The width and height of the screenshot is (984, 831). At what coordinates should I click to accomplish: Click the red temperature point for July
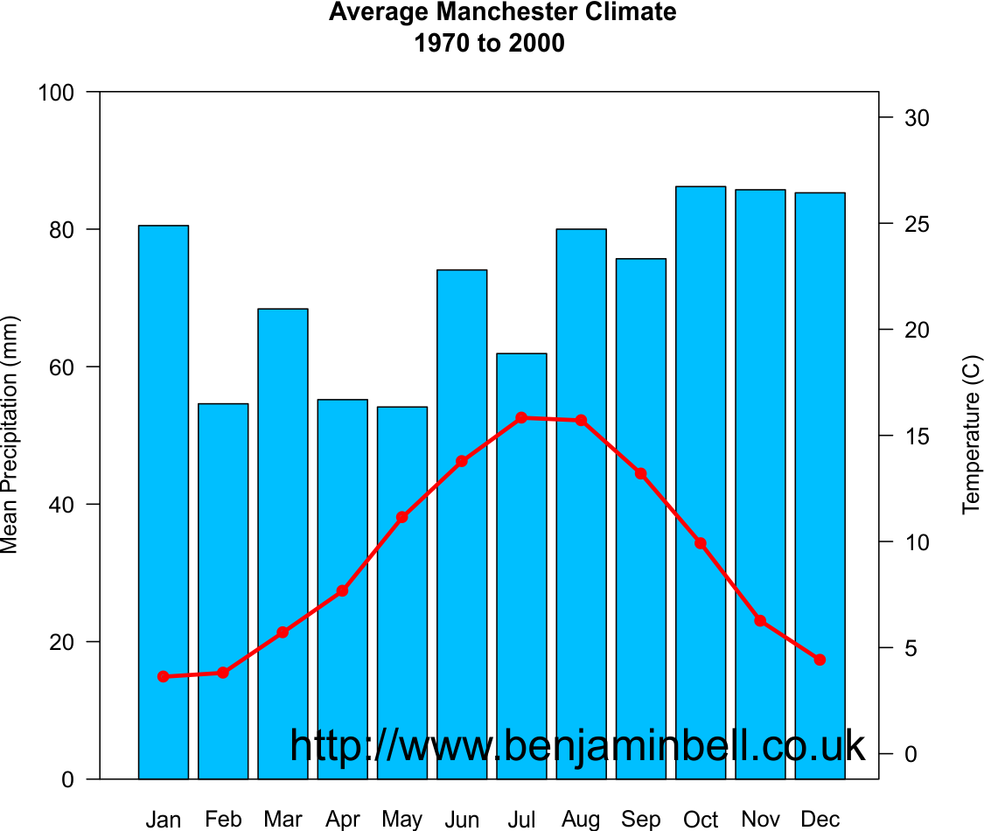[x=521, y=418]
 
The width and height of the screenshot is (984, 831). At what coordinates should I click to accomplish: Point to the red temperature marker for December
[x=820, y=660]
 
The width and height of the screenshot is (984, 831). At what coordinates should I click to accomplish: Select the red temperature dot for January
[x=164, y=676]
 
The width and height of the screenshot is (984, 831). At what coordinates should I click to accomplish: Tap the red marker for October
[x=701, y=543]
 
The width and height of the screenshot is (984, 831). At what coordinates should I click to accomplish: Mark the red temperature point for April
[x=342, y=591]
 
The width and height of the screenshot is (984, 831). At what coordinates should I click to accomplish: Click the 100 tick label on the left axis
[x=57, y=92]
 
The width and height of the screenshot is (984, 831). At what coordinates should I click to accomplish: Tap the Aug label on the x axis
[x=581, y=820]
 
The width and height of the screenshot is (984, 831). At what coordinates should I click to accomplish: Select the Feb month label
[x=223, y=820]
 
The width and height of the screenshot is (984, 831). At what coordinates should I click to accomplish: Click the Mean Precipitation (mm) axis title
[x=10, y=435]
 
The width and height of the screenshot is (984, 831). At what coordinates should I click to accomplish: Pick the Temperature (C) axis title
[x=972, y=435]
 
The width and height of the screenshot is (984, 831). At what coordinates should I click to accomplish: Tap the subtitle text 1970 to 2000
[x=490, y=43]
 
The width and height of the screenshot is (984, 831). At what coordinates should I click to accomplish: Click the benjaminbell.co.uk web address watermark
[x=577, y=746]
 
